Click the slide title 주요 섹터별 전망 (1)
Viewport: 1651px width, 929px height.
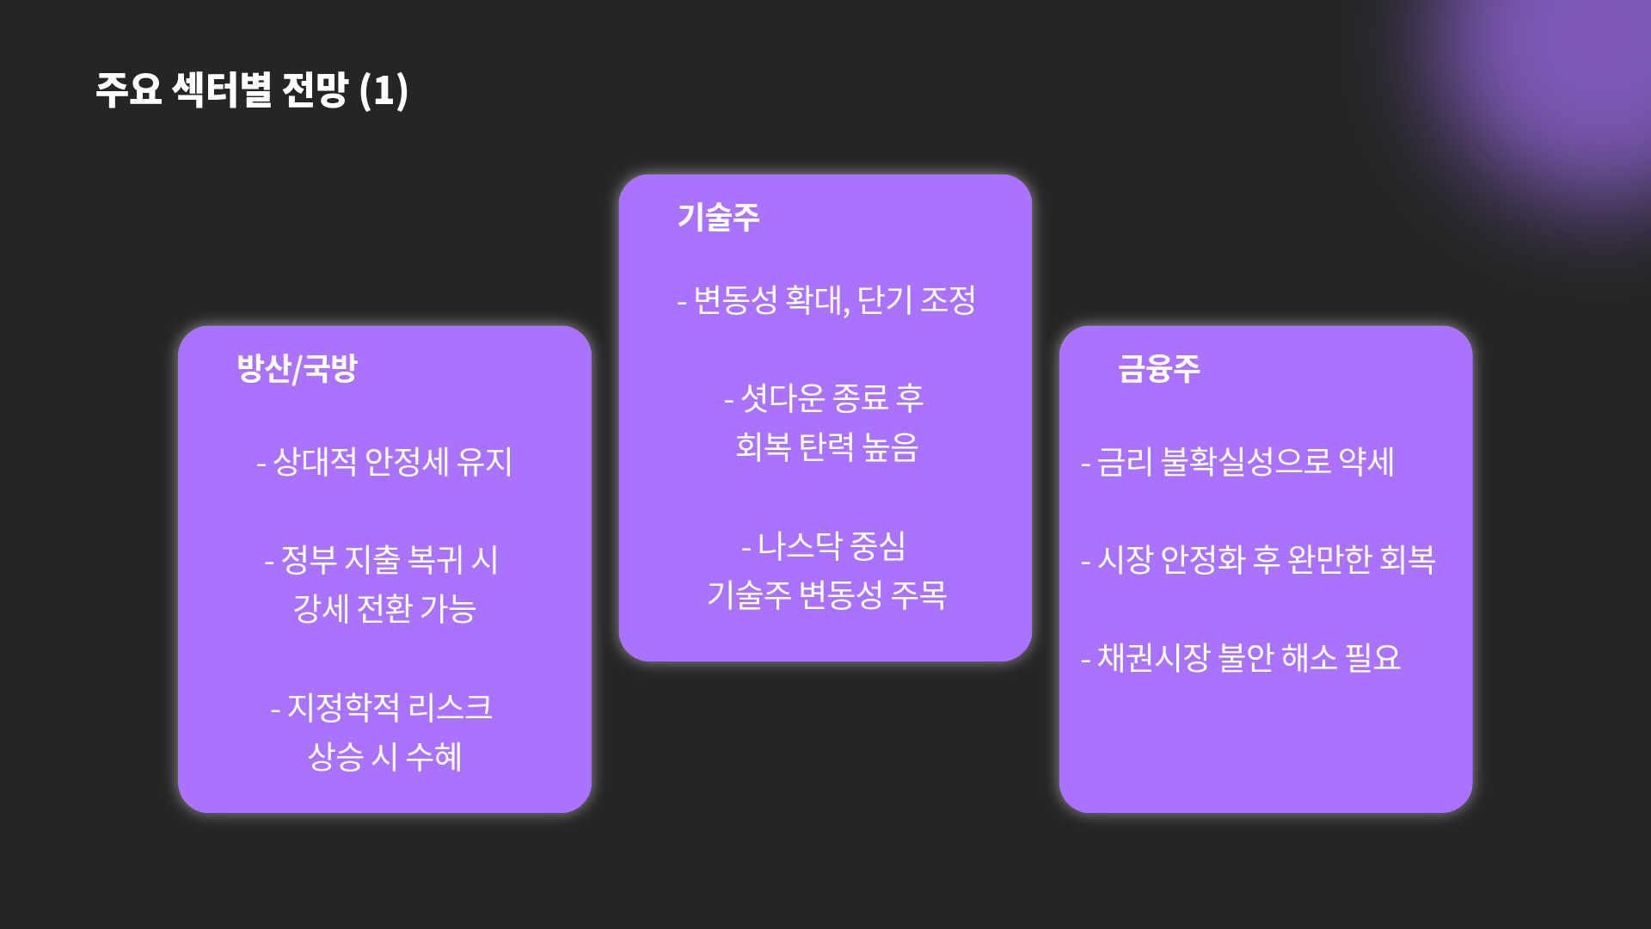tap(251, 89)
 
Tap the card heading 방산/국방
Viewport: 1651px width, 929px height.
tap(297, 368)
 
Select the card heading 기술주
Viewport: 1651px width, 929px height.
tap(718, 217)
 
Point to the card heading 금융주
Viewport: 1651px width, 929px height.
tap(1158, 368)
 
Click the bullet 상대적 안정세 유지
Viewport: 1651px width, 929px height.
tap(384, 462)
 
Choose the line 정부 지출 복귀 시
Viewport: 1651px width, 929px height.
tap(381, 560)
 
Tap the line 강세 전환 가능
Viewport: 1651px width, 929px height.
tap(384, 609)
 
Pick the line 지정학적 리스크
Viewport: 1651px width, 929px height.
tap(381, 708)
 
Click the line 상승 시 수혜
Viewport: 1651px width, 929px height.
tap(384, 757)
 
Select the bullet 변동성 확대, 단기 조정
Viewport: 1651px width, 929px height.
tap(826, 300)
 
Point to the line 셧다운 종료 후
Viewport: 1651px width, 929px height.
tap(824, 398)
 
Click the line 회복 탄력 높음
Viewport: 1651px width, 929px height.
tap(826, 447)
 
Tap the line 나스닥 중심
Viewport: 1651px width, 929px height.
tap(824, 546)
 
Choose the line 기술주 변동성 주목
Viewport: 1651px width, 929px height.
tap(826, 595)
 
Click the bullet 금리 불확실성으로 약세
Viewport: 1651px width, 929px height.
tap(1237, 462)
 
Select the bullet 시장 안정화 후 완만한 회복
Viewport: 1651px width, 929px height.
tap(1258, 560)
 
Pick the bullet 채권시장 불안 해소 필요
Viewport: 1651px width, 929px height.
tap(1241, 658)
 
